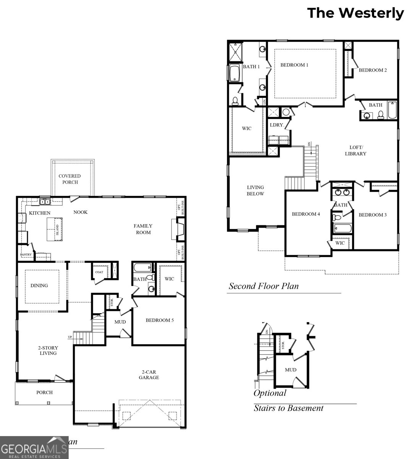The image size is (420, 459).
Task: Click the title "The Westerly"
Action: click(355, 13)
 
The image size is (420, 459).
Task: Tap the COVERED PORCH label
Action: click(70, 179)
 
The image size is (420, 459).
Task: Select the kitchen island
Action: click(54, 229)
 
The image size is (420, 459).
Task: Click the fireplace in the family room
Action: click(178, 229)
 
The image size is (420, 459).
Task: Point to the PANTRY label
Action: click(26, 255)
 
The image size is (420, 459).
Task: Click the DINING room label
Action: click(39, 285)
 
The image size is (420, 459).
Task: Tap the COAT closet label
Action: click(99, 272)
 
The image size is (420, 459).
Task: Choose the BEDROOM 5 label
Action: click(159, 320)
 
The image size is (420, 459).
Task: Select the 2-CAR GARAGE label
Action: click(148, 374)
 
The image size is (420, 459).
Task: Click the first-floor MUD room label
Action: click(120, 322)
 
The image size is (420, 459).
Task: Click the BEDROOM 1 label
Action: click(294, 65)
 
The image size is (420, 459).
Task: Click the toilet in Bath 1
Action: click(235, 101)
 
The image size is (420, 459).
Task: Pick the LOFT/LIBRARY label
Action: click(355, 151)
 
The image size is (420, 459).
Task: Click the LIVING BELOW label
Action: click(255, 190)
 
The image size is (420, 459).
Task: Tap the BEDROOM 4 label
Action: click(306, 214)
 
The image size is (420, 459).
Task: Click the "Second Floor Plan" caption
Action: click(264, 286)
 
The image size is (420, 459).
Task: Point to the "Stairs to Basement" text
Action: click(289, 408)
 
